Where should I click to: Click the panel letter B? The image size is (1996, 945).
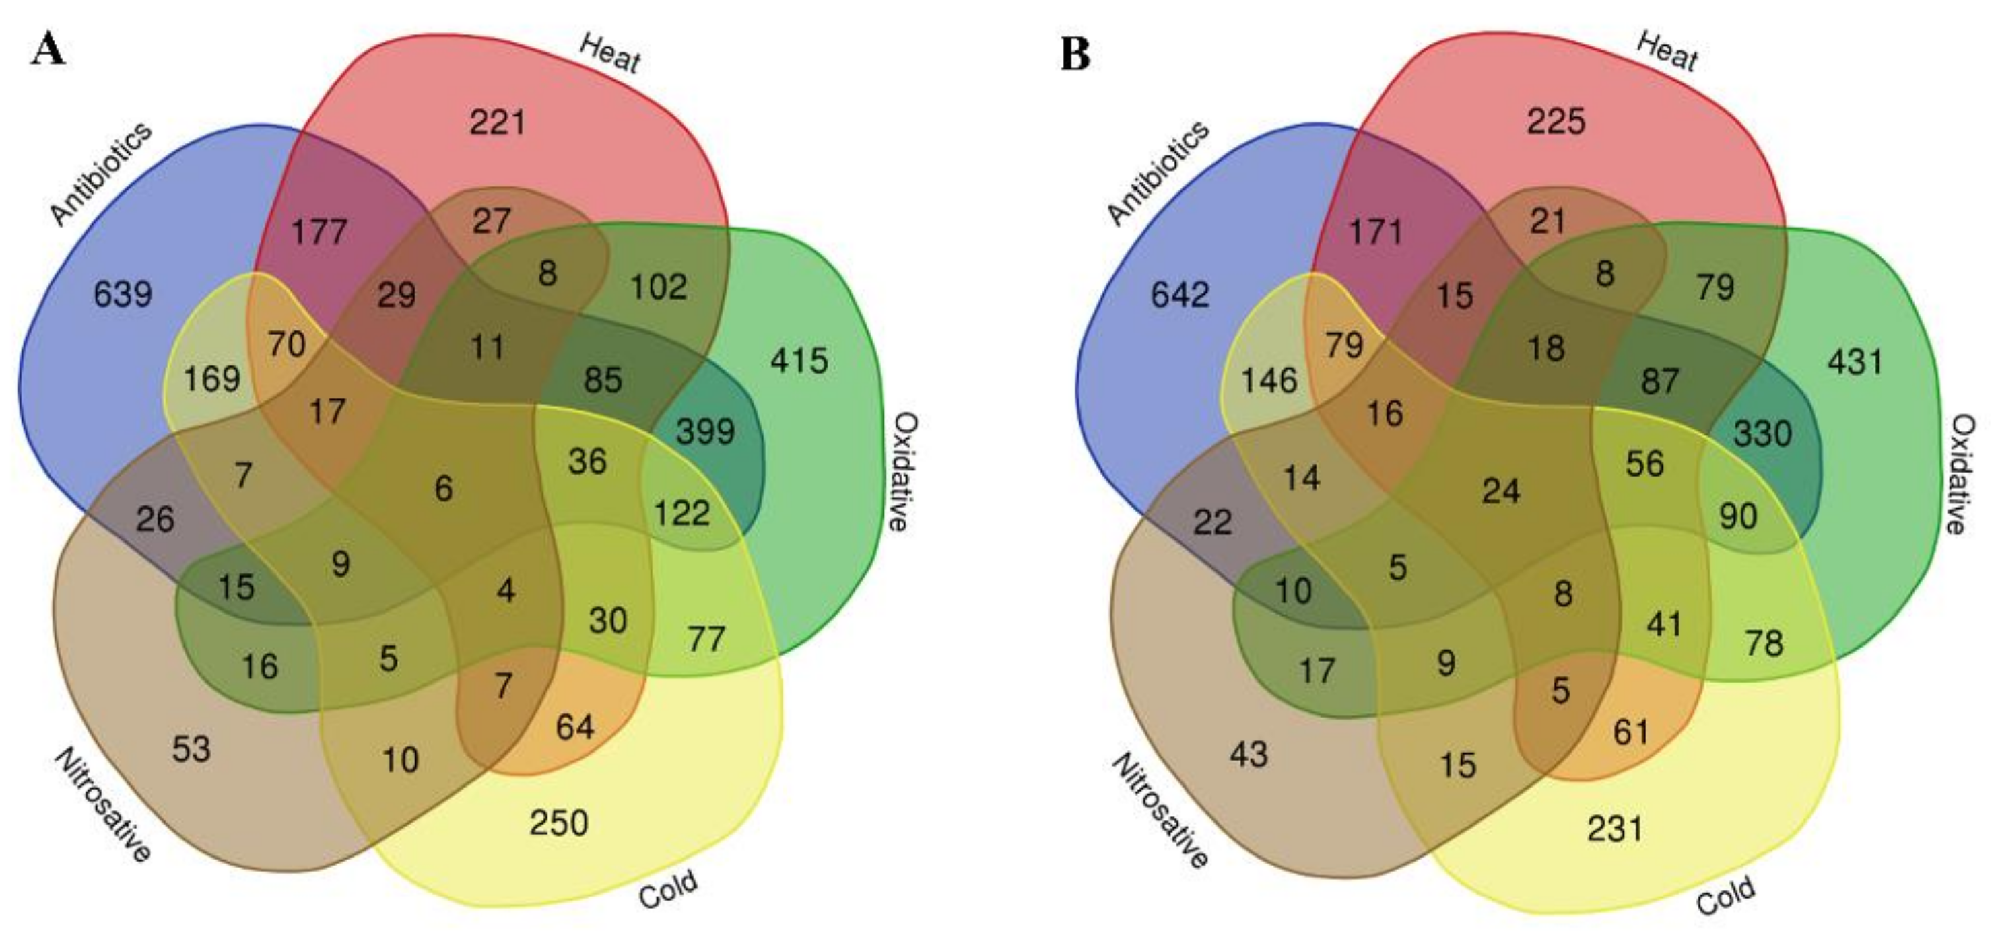[1075, 55]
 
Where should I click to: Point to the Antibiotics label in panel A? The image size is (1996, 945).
[101, 174]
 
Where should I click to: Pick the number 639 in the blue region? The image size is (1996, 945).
[123, 294]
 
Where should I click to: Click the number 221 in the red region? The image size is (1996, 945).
[498, 123]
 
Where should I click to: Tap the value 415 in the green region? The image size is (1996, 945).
[799, 360]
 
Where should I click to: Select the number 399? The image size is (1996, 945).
[705, 431]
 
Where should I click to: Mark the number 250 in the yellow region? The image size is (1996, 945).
[559, 823]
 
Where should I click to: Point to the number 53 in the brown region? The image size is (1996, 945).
[191, 749]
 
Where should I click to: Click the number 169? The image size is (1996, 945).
[211, 380]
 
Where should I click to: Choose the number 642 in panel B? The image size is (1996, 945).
[1179, 294]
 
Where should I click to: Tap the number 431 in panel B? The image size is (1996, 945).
[1855, 361]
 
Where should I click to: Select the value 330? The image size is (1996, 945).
[1763, 433]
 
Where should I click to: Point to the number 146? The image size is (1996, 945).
[1269, 380]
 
